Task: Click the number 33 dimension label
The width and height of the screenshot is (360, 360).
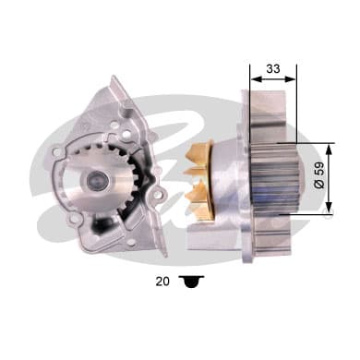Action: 273,68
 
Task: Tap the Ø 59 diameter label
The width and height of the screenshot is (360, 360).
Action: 319,174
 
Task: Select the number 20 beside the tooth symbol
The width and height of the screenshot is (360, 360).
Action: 162,282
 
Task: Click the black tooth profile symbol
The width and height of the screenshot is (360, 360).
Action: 191,282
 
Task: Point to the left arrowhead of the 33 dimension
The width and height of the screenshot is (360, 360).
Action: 257,79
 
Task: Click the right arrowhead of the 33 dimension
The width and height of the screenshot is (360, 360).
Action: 291,79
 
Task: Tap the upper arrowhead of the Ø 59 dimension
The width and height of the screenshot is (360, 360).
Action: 330,150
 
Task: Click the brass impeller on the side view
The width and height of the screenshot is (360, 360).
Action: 198,180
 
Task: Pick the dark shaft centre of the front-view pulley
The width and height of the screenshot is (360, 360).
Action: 97,181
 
